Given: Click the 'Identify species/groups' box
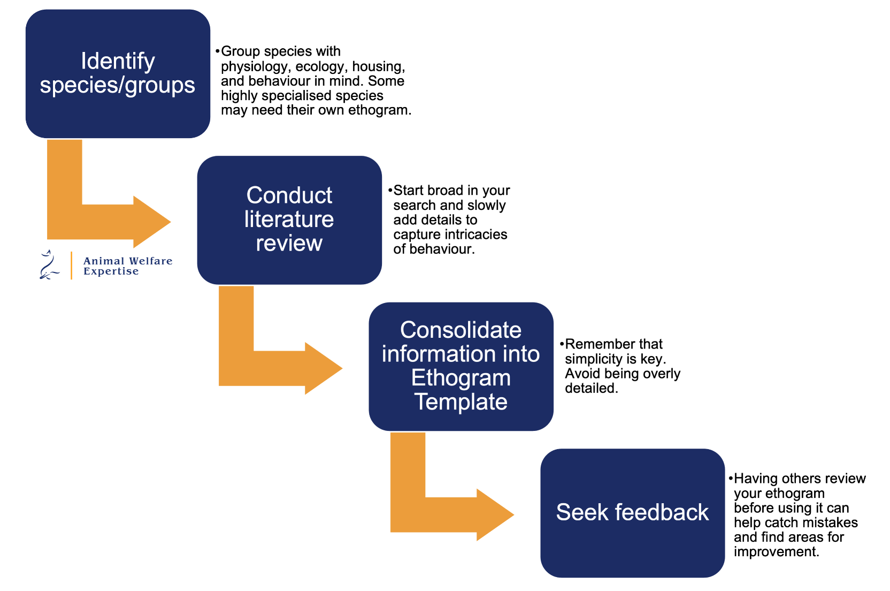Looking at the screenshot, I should point(118,74).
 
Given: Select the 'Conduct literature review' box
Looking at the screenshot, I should point(289,219).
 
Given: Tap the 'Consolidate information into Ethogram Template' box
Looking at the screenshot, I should point(461,366).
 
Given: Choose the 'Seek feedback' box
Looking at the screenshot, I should point(632,512).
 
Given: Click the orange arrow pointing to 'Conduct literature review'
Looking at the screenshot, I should point(107,221).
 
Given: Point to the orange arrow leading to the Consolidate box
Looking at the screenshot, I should point(278,368).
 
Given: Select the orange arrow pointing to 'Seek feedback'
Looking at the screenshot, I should point(449,514).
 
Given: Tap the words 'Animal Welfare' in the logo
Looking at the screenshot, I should point(128,261).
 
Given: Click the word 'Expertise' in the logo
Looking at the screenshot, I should point(111,271).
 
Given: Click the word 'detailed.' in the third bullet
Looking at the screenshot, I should point(592,388).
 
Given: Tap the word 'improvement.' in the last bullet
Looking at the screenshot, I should point(776,552).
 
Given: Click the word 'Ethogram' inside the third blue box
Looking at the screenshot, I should point(461,378).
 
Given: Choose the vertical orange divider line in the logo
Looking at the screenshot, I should point(71,266).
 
